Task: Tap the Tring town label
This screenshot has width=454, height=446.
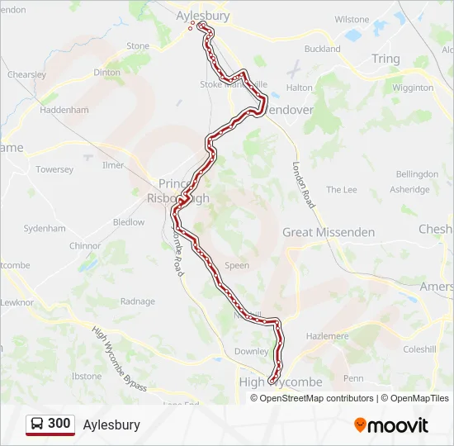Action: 385,59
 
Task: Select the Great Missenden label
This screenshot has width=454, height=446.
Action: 329,232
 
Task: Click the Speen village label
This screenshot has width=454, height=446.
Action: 237,266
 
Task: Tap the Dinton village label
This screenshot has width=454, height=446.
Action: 107,73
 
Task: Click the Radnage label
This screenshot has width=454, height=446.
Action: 137,301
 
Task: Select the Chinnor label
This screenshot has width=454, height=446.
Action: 85,245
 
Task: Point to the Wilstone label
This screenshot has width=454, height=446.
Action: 352,19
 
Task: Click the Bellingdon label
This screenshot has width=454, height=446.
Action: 417,174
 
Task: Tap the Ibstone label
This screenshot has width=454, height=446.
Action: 87,376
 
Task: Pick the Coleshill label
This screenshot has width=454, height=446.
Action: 419,349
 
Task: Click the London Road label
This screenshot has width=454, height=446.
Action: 304,183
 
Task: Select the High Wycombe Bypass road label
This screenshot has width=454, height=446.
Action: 120,359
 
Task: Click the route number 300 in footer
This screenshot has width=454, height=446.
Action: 59,424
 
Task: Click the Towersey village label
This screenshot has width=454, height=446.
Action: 54,169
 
